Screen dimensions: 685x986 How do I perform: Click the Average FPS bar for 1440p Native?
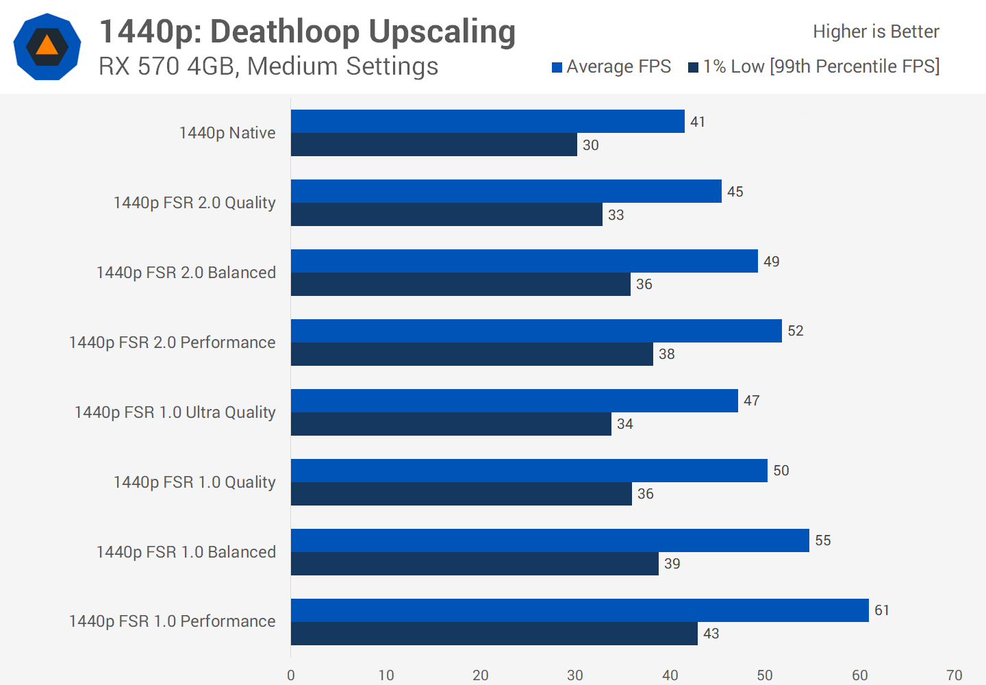(x=488, y=121)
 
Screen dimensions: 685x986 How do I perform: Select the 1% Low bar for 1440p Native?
(x=434, y=145)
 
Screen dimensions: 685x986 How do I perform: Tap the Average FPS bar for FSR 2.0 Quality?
(x=506, y=191)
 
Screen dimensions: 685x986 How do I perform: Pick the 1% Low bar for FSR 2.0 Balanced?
(x=461, y=284)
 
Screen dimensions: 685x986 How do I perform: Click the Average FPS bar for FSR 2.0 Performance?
(x=536, y=331)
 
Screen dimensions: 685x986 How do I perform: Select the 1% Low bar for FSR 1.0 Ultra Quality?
(x=451, y=424)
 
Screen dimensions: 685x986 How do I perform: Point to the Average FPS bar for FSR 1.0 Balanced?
(x=550, y=540)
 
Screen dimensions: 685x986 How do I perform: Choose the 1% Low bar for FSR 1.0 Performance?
(x=494, y=634)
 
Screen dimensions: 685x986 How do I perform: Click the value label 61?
(x=882, y=610)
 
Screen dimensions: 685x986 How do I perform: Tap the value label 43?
(x=711, y=634)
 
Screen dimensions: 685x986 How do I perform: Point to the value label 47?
(x=752, y=401)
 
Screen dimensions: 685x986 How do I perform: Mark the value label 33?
(x=616, y=215)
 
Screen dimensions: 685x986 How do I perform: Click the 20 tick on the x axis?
(x=481, y=675)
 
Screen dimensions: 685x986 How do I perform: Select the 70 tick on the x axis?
(x=955, y=675)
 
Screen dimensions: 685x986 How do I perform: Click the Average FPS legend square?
(x=557, y=67)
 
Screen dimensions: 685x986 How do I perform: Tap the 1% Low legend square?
(x=694, y=67)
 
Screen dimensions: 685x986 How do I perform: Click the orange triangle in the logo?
(x=47, y=46)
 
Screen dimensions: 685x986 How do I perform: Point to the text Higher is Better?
(x=876, y=32)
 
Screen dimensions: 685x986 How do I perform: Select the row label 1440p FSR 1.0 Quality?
(x=194, y=482)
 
